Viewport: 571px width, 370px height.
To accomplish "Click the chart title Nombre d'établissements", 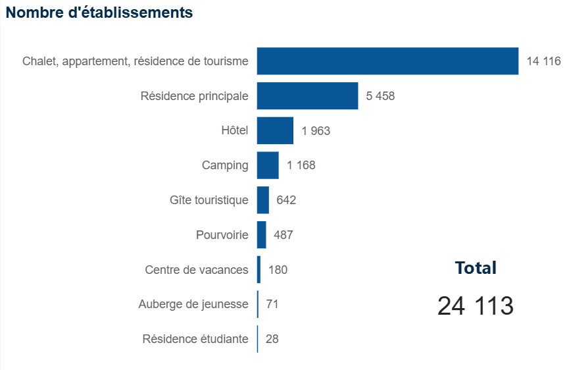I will [x=99, y=13].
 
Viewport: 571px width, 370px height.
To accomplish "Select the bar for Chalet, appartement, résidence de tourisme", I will [x=387, y=61].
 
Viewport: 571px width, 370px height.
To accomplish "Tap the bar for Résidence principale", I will [x=307, y=96].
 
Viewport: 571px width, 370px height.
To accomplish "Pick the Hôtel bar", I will [x=275, y=130].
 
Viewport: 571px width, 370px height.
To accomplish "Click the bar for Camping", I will [x=268, y=165].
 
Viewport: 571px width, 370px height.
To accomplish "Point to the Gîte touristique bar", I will [x=263, y=200].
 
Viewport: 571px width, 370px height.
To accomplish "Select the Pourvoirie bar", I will [x=261, y=235].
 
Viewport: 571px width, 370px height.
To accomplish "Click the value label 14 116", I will [x=543, y=61].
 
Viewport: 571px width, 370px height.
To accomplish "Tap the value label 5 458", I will [x=380, y=96].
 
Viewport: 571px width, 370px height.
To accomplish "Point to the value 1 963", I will [x=316, y=130].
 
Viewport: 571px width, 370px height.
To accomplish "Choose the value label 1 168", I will [x=301, y=165].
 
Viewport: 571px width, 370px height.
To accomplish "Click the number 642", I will [x=286, y=200].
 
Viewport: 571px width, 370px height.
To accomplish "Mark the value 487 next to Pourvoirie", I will [x=284, y=235].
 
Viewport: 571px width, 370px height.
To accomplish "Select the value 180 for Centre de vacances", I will [x=278, y=270].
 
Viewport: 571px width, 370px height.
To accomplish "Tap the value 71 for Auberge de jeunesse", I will [x=273, y=304].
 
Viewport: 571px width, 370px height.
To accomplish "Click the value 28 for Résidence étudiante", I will [x=272, y=339].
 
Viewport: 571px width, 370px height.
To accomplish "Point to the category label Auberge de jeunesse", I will [x=193, y=304].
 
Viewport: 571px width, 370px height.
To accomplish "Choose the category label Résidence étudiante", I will [x=195, y=339].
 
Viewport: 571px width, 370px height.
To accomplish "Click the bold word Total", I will [x=476, y=268].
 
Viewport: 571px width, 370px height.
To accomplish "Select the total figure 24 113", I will [x=476, y=306].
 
